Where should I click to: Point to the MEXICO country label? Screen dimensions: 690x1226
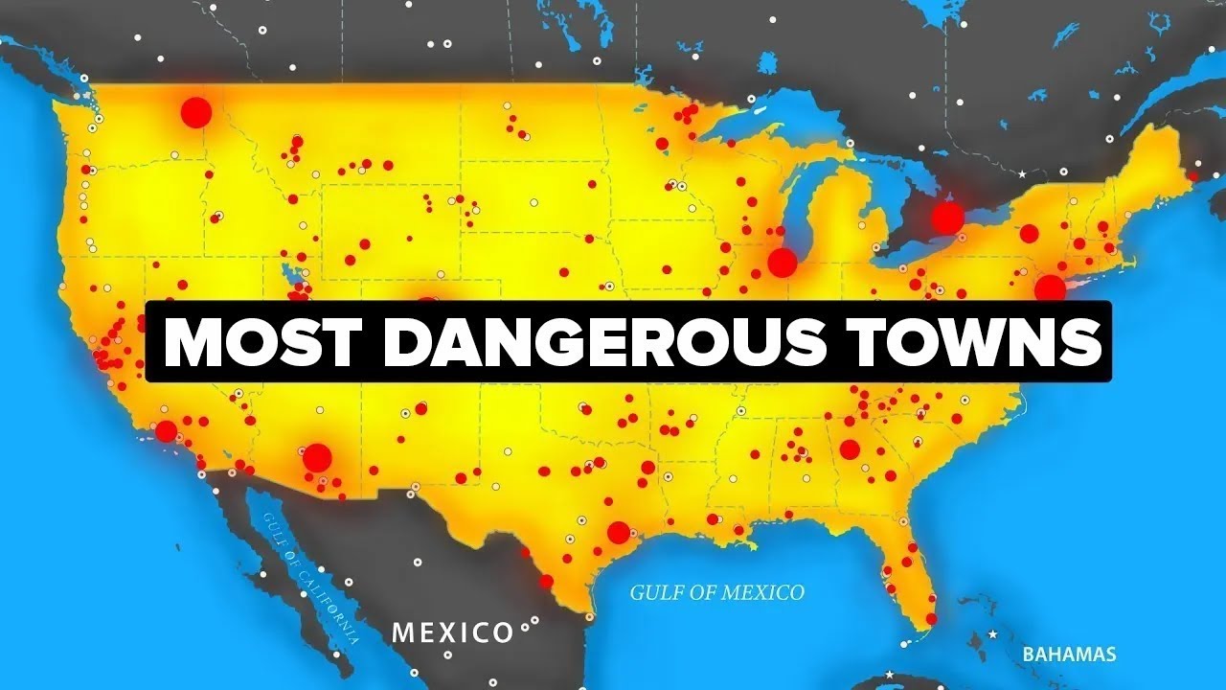point(453,632)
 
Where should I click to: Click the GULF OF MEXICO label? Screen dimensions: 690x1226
point(716,592)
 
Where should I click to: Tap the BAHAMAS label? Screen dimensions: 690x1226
point(1069,655)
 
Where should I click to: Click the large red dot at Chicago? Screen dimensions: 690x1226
point(783,262)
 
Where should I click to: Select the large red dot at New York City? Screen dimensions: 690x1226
point(1050,287)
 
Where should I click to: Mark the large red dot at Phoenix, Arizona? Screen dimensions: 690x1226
point(317,457)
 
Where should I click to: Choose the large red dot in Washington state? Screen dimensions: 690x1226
point(195,112)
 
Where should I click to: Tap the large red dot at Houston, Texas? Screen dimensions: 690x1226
point(619,532)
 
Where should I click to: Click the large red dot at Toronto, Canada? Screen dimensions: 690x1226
point(946,218)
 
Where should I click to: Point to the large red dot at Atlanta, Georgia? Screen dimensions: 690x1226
point(850,448)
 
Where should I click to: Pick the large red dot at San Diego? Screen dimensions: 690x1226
point(167,430)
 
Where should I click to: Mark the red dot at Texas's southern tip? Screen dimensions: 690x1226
point(546,581)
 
